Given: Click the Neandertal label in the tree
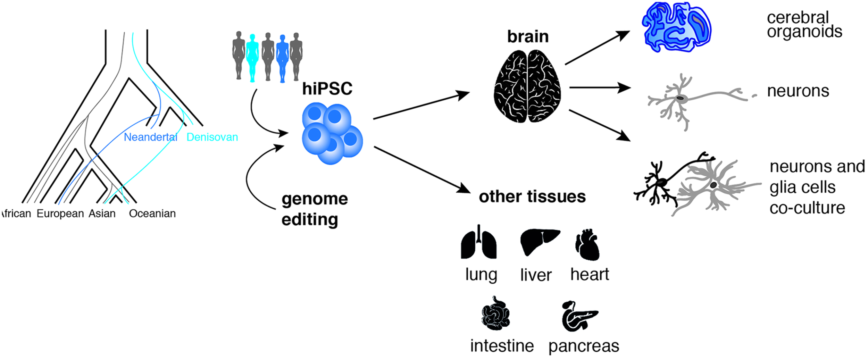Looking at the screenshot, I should (150, 137).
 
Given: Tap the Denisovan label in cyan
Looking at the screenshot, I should (212, 137).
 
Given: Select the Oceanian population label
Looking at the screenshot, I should (152, 213).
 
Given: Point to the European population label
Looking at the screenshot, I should (60, 213).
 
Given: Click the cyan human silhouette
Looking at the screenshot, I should (252, 57).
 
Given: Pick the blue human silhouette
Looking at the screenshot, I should (282, 58).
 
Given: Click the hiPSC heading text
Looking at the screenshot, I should (327, 89).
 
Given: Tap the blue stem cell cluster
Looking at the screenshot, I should (332, 134).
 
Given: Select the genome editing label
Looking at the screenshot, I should (314, 209).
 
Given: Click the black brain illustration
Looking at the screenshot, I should (527, 86).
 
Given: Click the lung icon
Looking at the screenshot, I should (478, 243).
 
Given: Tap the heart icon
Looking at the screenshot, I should (587, 245).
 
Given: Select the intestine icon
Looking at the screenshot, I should (495, 314).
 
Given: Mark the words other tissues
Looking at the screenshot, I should (532, 197).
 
